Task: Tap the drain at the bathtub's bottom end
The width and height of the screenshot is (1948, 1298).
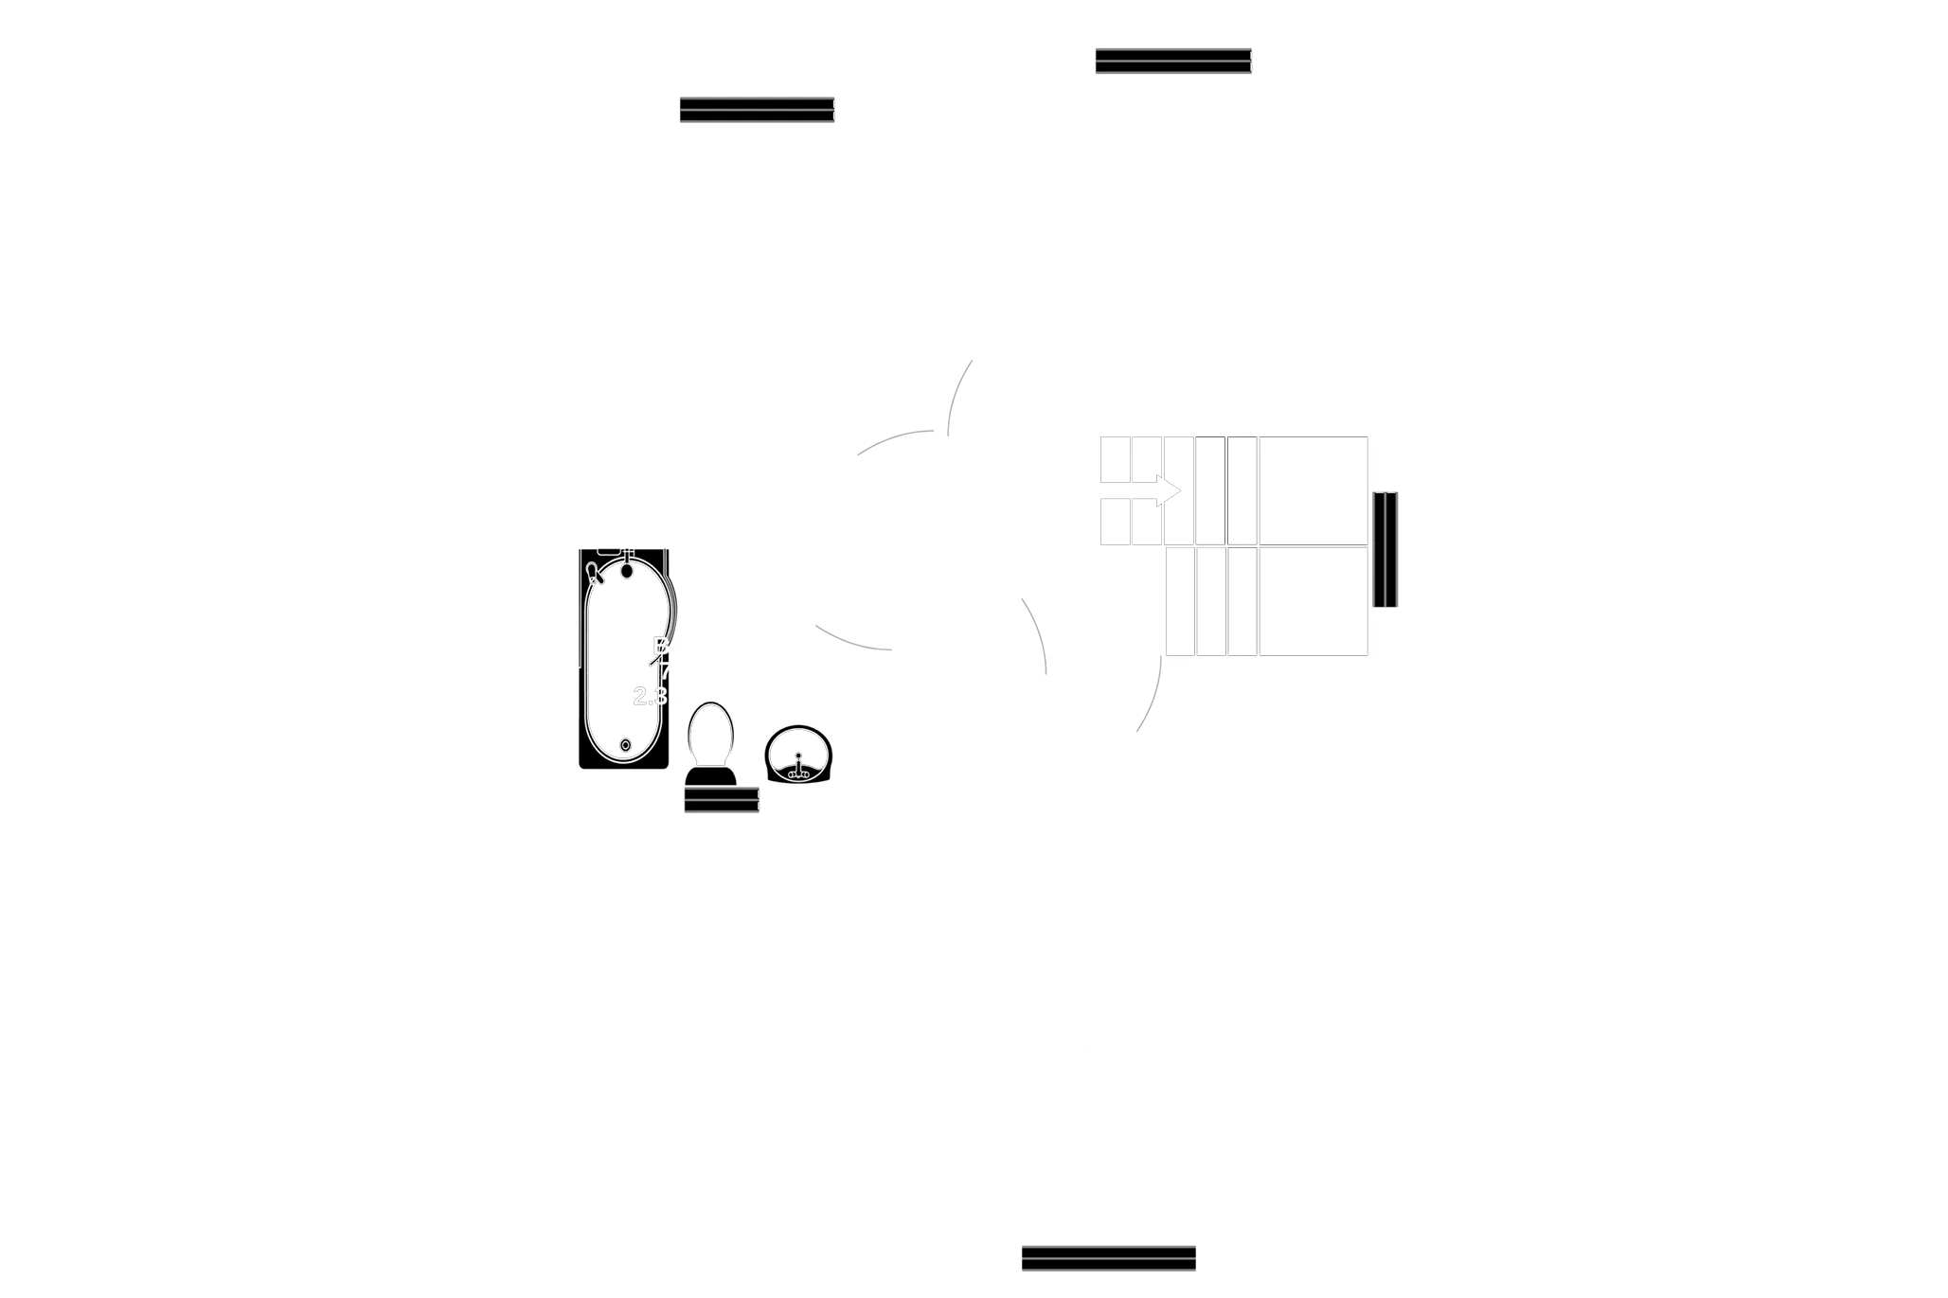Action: [x=625, y=747]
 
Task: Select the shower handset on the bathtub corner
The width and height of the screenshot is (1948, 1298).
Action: [x=594, y=571]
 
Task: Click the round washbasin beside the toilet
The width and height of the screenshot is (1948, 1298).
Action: [x=797, y=755]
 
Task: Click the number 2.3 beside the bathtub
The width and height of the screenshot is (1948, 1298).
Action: [x=650, y=697]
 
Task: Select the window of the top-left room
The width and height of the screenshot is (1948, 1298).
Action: [x=757, y=110]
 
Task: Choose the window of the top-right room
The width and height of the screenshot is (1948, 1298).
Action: [x=1172, y=60]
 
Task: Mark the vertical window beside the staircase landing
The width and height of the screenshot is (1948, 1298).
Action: [x=1386, y=549]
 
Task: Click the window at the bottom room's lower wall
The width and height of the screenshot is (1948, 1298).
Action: [x=1108, y=1257]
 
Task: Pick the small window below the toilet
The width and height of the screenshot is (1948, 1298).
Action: [x=721, y=802]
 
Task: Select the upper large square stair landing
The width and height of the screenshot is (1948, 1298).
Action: [x=1314, y=490]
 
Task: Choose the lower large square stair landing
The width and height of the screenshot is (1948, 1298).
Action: [x=1314, y=601]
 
